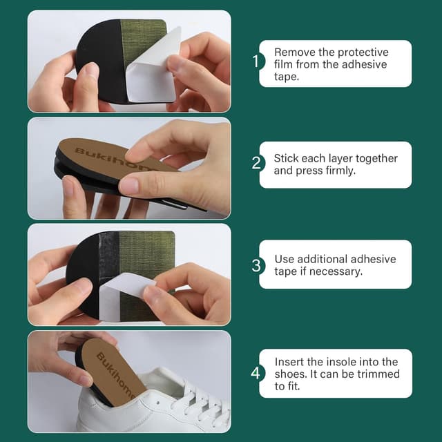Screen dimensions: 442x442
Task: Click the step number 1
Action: click(x=255, y=61)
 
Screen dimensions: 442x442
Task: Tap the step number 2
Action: click(x=256, y=164)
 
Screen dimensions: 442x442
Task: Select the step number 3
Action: click(x=256, y=265)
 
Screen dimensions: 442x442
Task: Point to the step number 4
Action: click(x=256, y=374)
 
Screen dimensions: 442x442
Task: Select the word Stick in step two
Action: click(x=286, y=158)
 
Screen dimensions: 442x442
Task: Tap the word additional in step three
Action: click(x=329, y=259)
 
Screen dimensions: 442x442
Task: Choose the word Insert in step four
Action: click(x=289, y=362)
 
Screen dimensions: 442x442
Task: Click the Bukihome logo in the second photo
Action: click(x=104, y=157)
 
